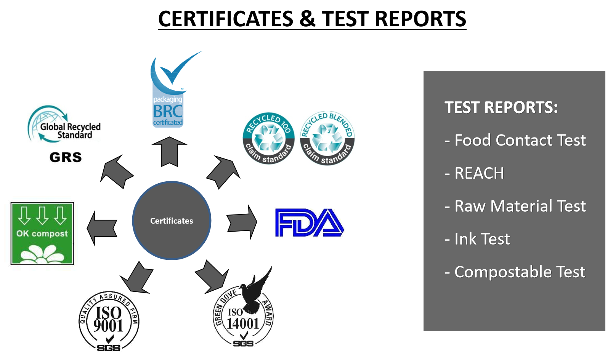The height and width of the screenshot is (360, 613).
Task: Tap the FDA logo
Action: (310, 223)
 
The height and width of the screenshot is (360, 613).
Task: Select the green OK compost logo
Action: (42, 234)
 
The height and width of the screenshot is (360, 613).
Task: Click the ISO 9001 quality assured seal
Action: (109, 322)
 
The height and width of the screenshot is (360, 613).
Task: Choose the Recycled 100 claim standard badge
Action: (268, 138)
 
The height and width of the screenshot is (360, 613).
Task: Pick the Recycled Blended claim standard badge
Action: (327, 138)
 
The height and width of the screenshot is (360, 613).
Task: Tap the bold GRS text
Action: (66, 157)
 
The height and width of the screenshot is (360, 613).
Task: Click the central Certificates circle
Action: (172, 221)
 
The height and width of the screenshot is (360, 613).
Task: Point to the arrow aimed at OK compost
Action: (102, 229)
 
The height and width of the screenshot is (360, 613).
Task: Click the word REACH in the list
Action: (479, 173)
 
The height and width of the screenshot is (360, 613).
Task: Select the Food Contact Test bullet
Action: (515, 140)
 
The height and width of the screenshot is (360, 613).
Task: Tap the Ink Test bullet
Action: (477, 239)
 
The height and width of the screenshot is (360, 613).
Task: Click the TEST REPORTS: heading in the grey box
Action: (501, 107)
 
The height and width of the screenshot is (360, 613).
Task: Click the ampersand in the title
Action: (307, 19)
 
